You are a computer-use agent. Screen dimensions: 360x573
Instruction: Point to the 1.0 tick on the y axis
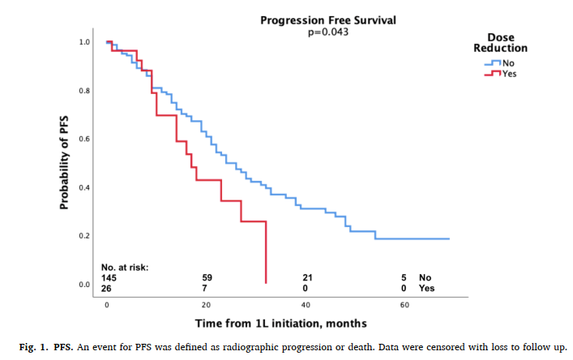(84, 41)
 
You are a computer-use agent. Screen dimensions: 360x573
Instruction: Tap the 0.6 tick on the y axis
(84, 139)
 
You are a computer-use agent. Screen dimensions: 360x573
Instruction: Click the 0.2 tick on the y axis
(84, 236)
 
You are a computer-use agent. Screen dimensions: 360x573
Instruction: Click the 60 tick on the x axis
(404, 306)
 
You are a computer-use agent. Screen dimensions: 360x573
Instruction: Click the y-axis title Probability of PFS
(64, 162)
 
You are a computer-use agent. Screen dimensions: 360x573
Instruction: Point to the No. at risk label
(125, 267)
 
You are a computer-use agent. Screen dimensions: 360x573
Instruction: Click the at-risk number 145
(110, 277)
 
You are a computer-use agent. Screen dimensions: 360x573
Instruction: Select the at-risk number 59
(207, 277)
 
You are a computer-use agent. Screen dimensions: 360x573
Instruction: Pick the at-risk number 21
(306, 277)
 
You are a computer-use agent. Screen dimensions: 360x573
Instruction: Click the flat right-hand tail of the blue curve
(413, 239)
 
